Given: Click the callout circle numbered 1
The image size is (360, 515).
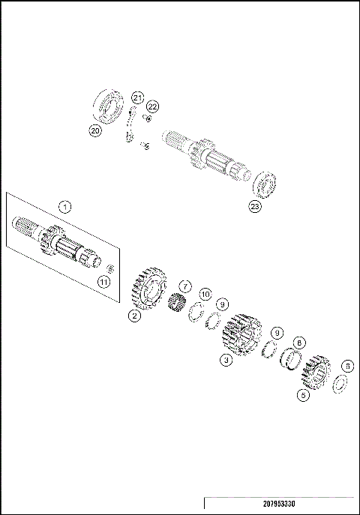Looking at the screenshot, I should [65, 206].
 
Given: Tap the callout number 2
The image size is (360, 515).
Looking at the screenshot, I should [134, 316].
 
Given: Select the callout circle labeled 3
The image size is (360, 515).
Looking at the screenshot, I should [224, 360].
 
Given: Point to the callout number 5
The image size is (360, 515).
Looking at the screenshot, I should [303, 394].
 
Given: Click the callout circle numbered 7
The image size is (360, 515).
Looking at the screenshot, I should [185, 286].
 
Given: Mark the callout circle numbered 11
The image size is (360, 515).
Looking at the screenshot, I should [105, 282].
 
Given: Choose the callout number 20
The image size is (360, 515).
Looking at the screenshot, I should [94, 130].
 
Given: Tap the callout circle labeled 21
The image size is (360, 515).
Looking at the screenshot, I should [137, 97].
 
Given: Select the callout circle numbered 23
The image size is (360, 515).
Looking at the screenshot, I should [255, 206].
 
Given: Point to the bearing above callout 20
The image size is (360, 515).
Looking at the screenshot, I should [109, 104].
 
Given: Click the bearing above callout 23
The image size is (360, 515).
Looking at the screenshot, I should [266, 182].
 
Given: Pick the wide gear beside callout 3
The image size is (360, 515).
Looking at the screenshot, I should [243, 334].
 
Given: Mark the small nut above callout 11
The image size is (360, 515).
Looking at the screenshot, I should [109, 268].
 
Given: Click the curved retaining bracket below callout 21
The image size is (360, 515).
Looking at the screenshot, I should [130, 125].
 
